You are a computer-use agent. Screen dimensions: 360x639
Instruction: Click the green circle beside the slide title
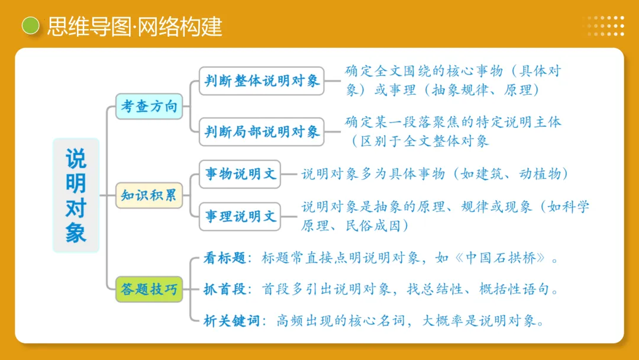point(30,25)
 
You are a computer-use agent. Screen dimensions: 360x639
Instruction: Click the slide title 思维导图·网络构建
point(135,26)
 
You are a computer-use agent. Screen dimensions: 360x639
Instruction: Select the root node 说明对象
point(76,195)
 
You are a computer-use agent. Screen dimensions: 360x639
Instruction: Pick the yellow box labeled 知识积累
point(149,195)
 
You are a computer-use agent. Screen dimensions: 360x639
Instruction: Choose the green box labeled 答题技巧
point(149,290)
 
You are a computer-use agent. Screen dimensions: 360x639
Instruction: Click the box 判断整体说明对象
point(262,81)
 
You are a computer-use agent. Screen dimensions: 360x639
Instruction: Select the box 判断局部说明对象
point(262,131)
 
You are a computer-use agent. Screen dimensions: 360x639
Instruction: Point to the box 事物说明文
point(240,174)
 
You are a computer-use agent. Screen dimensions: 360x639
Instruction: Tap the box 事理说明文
point(240,216)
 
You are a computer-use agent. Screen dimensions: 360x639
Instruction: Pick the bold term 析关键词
point(231,321)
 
